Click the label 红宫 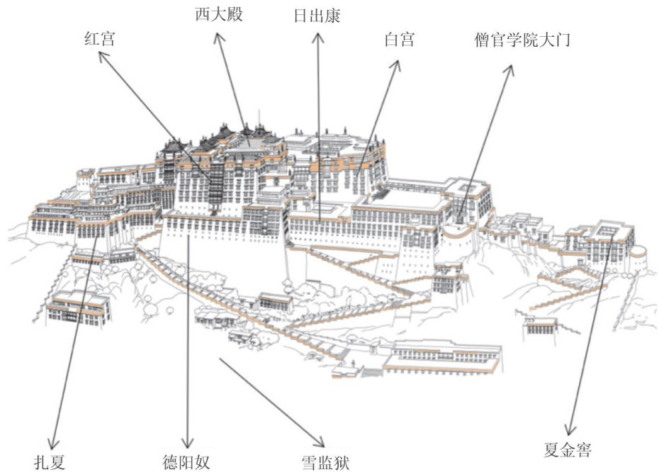(x=98, y=40)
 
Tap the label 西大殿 (x=218, y=14)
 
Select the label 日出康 (x=317, y=16)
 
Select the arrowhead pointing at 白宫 (x=398, y=62)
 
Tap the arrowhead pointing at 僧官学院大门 (x=510, y=66)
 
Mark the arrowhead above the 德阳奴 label (x=188, y=445)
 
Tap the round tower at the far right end (x=638, y=251)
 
